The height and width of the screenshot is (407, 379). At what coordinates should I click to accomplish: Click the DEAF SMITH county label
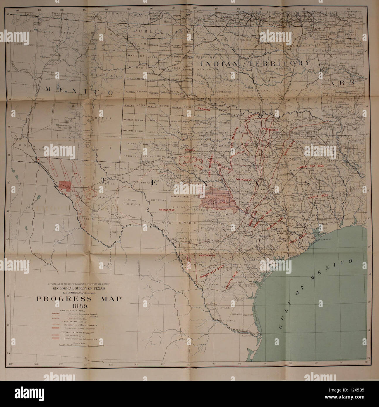click(x=133, y=78)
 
